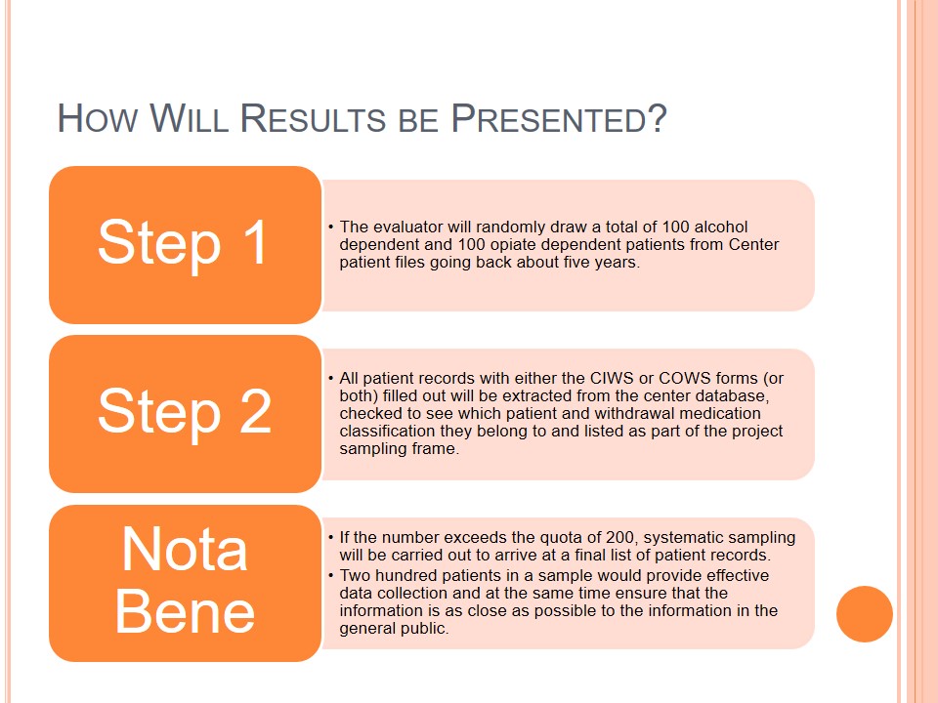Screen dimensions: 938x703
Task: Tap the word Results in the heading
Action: tap(313, 118)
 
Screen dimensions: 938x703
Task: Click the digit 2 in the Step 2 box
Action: tap(255, 410)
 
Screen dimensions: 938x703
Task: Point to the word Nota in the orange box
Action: tap(185, 549)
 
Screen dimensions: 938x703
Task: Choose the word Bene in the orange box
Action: tap(185, 610)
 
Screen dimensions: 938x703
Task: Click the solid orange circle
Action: tap(865, 614)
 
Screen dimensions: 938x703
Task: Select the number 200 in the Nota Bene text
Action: tap(621, 537)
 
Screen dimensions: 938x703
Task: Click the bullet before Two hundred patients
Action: tap(331, 575)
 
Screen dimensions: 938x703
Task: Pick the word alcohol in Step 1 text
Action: tap(723, 227)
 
